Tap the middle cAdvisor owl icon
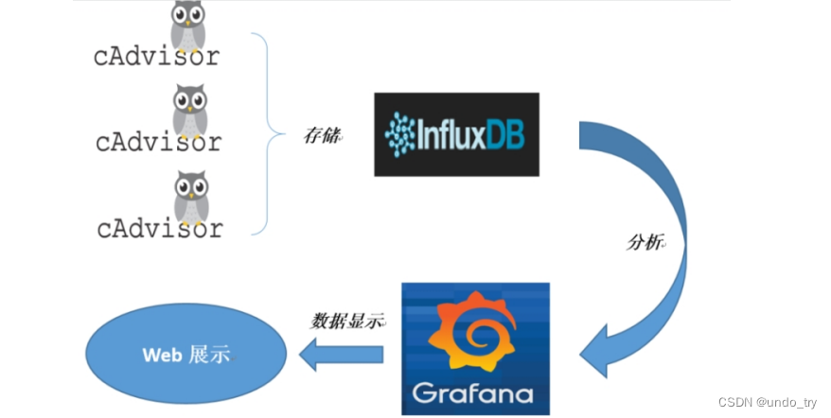coord(190,110)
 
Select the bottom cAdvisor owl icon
coord(190,197)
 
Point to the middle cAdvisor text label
coord(158,142)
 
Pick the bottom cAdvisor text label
coord(159,228)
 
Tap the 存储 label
coord(322,135)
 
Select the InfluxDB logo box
coord(456,134)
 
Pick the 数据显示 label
coord(347,320)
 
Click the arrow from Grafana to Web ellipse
coord(340,355)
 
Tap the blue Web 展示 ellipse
coord(186,355)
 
